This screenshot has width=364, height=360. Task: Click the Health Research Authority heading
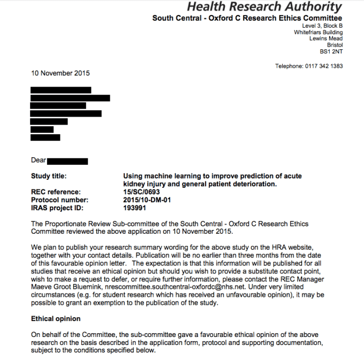pos(264,7)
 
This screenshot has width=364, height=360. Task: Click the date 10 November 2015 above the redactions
pos(60,73)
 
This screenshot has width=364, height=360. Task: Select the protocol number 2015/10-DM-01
pos(148,200)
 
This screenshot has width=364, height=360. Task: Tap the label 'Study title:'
pos(49,175)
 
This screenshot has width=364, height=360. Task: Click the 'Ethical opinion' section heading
pos(56,319)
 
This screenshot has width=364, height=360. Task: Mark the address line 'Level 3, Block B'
pos(322,26)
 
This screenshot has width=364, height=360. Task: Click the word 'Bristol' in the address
pos(335,45)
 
